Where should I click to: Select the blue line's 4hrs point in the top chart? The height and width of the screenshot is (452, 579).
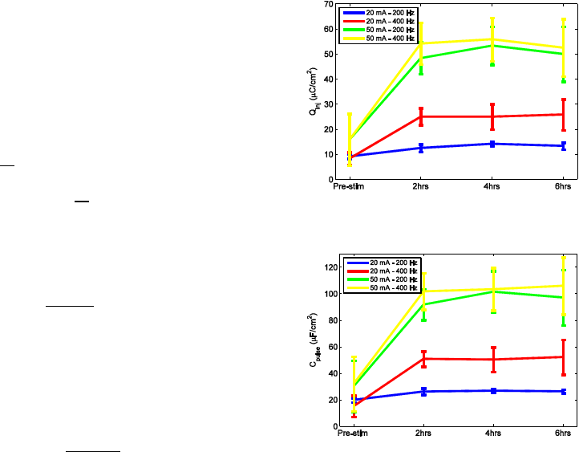pos(492,144)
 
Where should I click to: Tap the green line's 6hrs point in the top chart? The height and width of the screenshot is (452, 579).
pos(564,54)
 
